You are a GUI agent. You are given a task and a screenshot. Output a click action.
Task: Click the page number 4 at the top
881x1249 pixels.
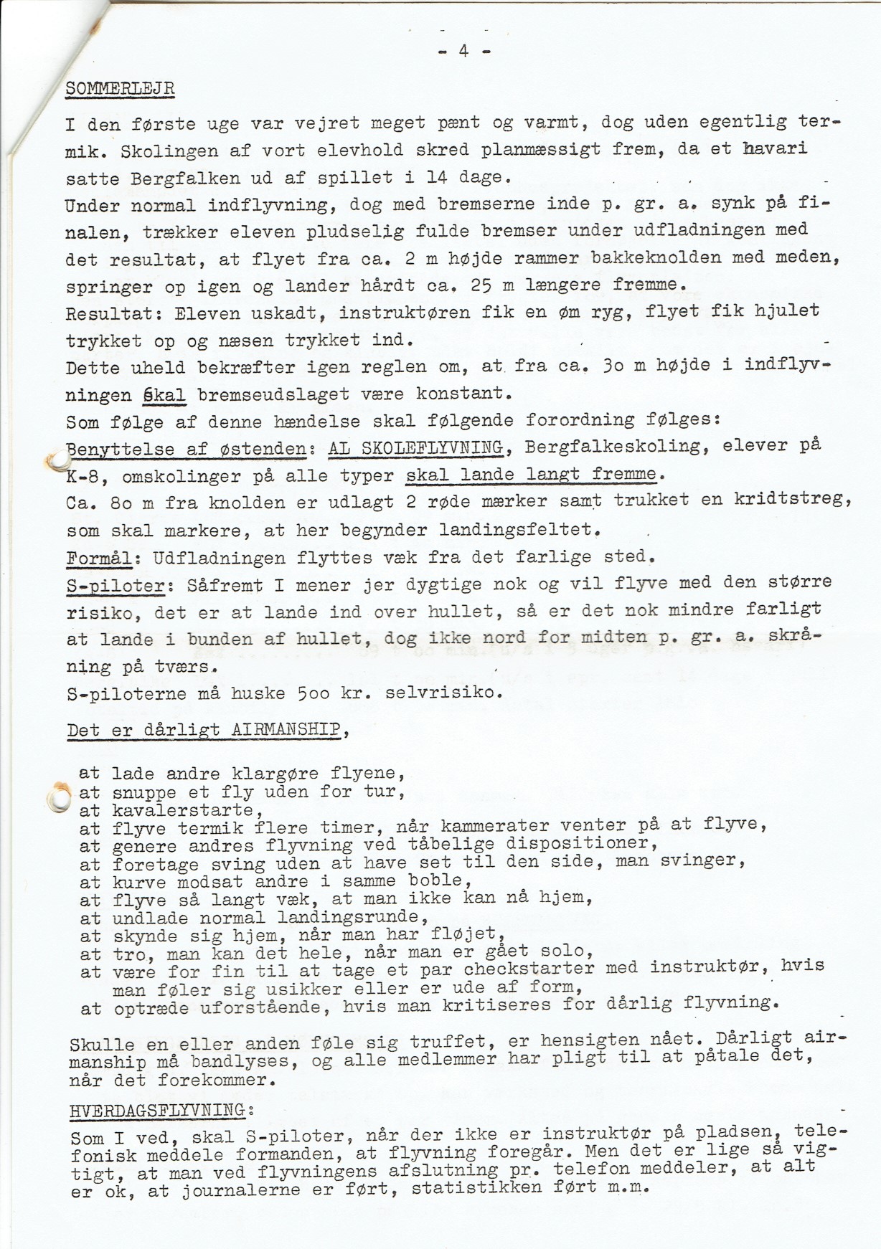[x=463, y=51]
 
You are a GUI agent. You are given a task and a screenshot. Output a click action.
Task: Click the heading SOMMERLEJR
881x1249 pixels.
[x=120, y=89]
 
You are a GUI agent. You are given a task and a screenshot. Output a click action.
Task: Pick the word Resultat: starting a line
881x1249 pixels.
[x=115, y=313]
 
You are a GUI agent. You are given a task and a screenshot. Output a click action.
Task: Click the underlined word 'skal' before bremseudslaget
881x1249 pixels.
[x=164, y=395]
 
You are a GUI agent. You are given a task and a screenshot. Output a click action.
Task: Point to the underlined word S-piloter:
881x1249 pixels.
[x=116, y=585]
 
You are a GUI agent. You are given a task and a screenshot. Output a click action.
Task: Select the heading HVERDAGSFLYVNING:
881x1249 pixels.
[x=161, y=1111]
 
